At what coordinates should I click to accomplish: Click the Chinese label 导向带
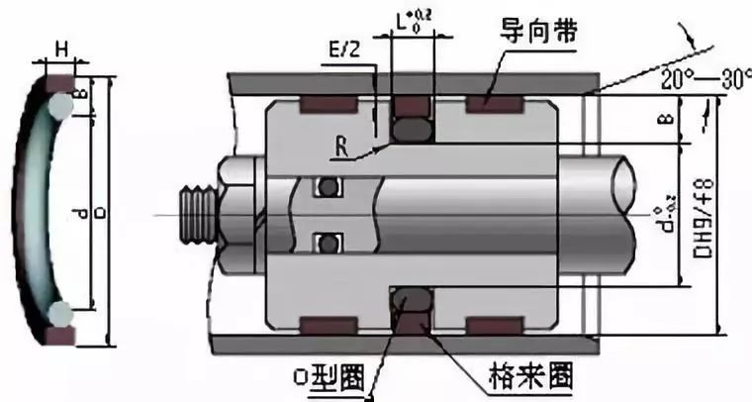541,34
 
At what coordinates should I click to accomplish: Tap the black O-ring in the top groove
411,127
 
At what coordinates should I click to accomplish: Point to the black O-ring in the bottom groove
411,301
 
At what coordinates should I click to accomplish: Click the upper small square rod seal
327,186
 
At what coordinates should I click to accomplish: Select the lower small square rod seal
327,242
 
